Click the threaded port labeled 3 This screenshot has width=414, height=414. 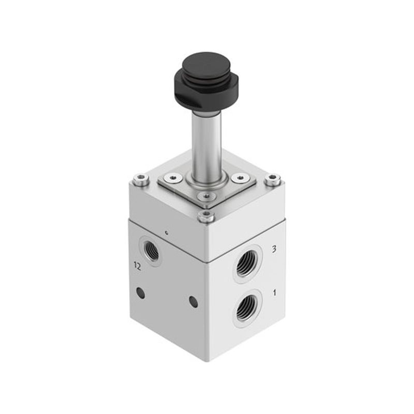coord(247,263)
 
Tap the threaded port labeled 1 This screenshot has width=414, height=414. coord(247,307)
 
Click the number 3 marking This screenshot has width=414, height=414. coord(274,249)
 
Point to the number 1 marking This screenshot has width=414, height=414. coord(275,292)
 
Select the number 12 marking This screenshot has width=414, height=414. coord(137,267)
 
